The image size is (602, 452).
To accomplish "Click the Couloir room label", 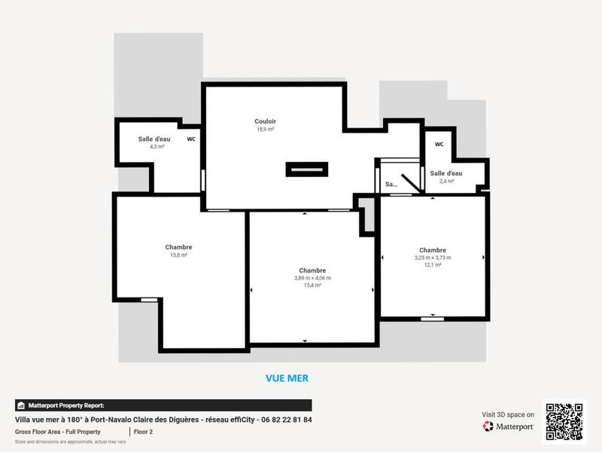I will click(x=264, y=121).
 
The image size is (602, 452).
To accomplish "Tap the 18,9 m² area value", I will click(x=264, y=130).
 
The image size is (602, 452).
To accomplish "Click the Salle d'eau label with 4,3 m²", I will click(x=154, y=139).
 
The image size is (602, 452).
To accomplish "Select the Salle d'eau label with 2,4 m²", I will click(x=446, y=173).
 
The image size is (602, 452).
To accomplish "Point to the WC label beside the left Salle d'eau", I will click(x=191, y=139).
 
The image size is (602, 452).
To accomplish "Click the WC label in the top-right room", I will click(x=439, y=144).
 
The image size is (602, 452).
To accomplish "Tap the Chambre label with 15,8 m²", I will click(x=178, y=247).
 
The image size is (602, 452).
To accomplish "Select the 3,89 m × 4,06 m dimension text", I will click(x=312, y=278).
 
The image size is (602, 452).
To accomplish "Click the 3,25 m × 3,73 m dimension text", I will click(x=433, y=258).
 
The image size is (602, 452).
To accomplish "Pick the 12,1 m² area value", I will click(x=433, y=265).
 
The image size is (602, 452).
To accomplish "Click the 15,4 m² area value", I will click(x=312, y=286).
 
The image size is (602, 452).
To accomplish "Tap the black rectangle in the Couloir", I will click(x=307, y=169).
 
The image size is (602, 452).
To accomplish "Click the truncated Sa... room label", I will click(x=391, y=184).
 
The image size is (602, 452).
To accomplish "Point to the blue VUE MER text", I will click(x=287, y=378).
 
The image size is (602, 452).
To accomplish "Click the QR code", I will click(x=564, y=422).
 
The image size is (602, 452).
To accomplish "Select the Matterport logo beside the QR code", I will click(x=509, y=426).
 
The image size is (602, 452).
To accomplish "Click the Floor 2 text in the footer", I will click(x=145, y=432).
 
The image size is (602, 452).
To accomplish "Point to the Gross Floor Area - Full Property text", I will click(x=58, y=432).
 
